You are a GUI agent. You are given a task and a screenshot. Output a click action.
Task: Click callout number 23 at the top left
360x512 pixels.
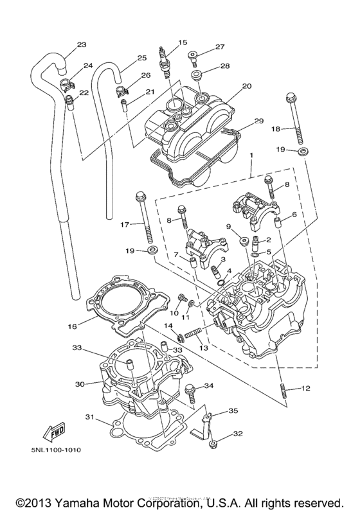pyautogui.click(x=81, y=45)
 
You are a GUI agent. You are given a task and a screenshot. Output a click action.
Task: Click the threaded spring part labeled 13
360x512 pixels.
pyautogui.click(x=194, y=333)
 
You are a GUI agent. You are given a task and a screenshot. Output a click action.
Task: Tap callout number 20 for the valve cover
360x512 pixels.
pyautogui.click(x=228, y=87)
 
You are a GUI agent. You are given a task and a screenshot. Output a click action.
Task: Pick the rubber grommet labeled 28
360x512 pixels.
pyautogui.click(x=201, y=75)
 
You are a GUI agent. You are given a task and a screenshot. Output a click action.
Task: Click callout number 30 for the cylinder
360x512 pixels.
pyautogui.click(x=79, y=384)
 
